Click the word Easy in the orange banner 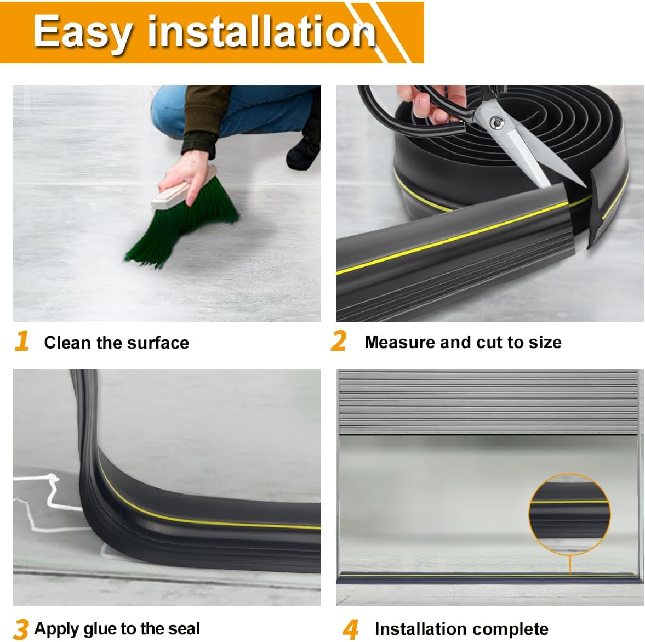(82, 32)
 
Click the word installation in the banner (261, 31)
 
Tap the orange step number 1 (22, 341)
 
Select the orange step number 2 (339, 341)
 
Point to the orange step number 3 (21, 629)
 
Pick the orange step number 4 (351, 629)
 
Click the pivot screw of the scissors (498, 122)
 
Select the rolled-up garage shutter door (489, 402)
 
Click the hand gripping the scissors (432, 103)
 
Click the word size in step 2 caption (545, 342)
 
